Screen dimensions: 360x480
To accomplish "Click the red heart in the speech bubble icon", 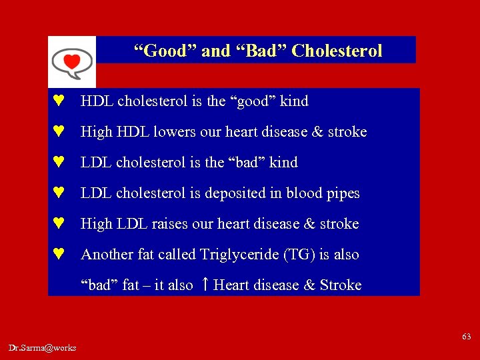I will click(x=71, y=61).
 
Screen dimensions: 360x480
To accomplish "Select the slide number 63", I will click(x=467, y=337).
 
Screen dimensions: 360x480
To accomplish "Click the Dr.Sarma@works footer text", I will click(x=43, y=347).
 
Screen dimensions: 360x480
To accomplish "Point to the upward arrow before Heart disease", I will click(x=205, y=285).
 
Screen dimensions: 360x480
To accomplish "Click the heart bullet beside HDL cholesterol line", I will click(x=59, y=101).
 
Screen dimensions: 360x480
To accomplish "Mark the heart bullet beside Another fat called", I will click(x=59, y=254).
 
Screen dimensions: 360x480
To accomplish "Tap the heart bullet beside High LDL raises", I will click(x=59, y=223).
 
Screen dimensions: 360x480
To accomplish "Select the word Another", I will click(x=106, y=255).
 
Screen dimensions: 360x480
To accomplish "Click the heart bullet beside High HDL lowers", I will click(x=59, y=132).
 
